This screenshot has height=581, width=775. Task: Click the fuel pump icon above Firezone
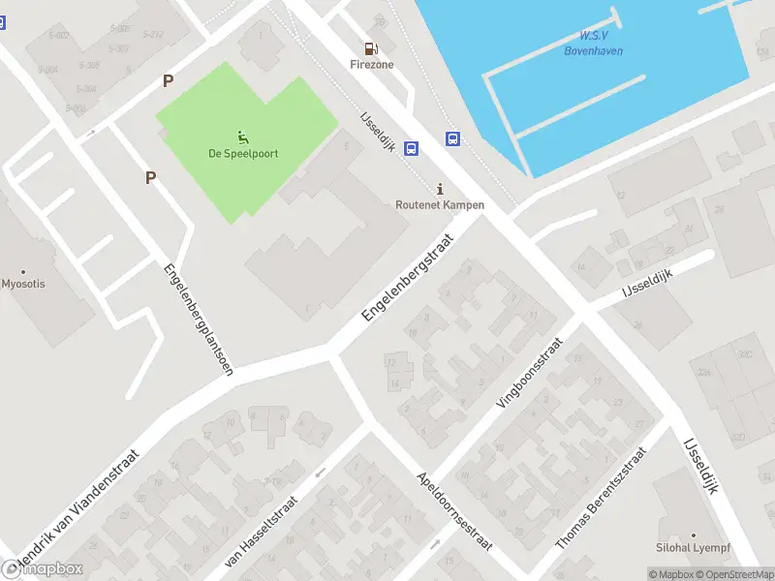(370, 48)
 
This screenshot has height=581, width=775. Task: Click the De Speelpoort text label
(242, 153)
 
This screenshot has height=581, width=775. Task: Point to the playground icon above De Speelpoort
(241, 136)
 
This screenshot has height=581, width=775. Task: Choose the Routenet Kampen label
(440, 205)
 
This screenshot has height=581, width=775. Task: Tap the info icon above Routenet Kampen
(441, 188)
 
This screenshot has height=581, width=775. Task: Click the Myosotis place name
(23, 284)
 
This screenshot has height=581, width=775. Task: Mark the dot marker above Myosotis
(23, 271)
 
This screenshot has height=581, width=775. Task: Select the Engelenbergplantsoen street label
(199, 320)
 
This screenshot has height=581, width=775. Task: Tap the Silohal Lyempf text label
(694, 548)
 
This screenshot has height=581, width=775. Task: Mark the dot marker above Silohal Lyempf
(693, 535)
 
